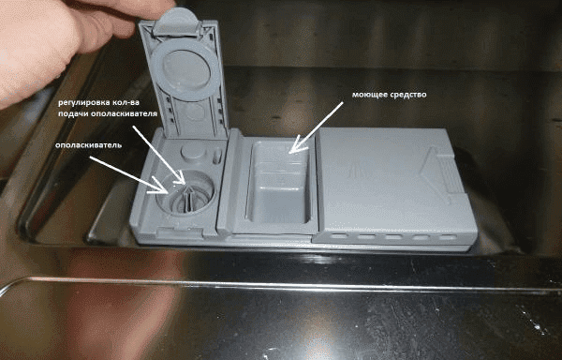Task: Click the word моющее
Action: point(368,96)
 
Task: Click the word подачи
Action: point(72,113)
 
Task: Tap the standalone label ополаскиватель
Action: point(89,145)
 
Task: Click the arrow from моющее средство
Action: point(316,127)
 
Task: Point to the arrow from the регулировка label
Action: point(159,156)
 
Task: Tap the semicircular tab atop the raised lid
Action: point(177,22)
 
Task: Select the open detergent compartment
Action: point(277,184)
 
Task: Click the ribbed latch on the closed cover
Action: point(451,172)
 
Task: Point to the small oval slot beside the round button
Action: point(216,157)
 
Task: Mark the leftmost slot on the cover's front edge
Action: point(340,236)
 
